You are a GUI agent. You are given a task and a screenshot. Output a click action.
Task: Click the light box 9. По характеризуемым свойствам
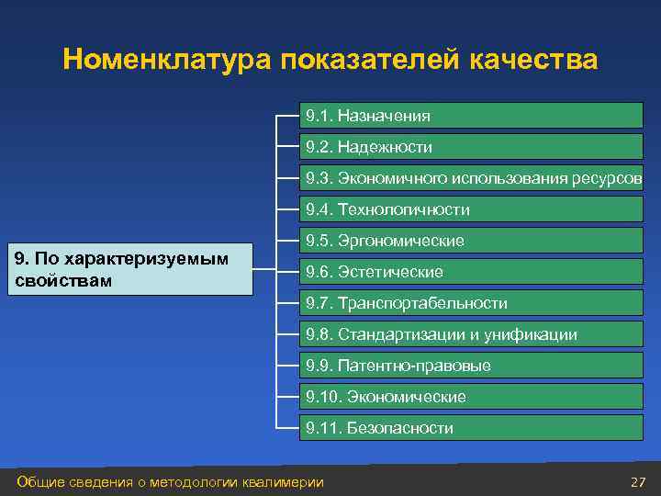tap(129, 269)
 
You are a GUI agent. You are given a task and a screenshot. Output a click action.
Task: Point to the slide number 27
tap(639, 482)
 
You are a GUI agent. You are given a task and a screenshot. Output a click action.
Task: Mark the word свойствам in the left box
tap(63, 280)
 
